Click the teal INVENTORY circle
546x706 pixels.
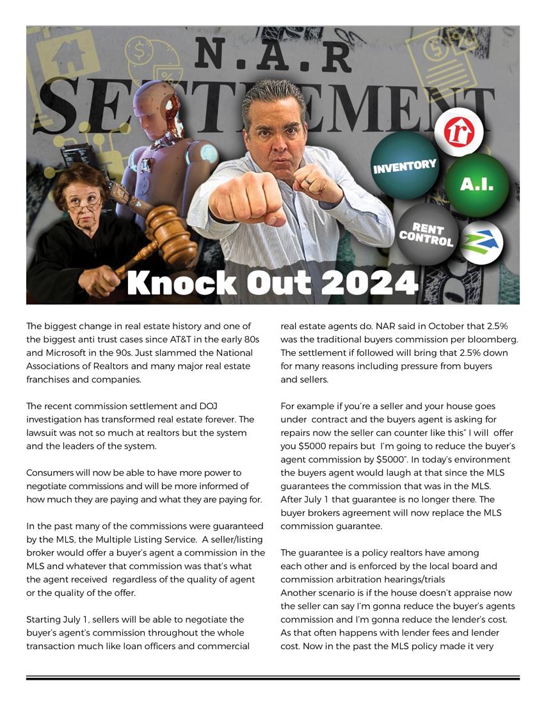click(404, 166)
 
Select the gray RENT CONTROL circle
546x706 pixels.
click(426, 234)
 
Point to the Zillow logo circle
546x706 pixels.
click(482, 242)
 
